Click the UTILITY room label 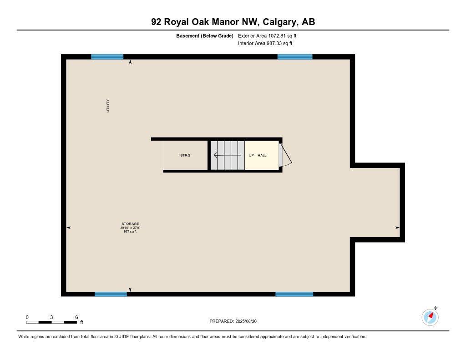point(108,106)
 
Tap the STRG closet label point(185,155)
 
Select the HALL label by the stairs point(262,155)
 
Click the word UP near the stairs point(251,155)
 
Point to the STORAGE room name point(130,224)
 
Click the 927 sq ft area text point(130,232)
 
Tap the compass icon point(430,317)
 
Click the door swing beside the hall point(285,155)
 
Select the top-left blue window point(107,57)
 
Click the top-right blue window point(295,57)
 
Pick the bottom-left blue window point(111,294)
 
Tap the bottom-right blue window point(294,294)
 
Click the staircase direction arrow point(227,155)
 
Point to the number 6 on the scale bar point(76,317)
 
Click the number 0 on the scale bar point(27,317)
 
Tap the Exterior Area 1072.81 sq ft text point(267,35)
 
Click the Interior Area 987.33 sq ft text point(265,44)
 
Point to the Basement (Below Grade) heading point(205,35)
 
